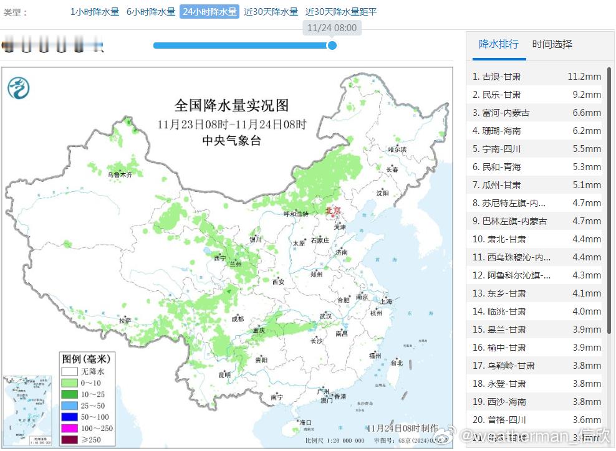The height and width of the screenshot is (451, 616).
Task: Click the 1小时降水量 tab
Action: pos(94,12)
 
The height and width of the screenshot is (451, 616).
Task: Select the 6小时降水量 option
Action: pos(151,12)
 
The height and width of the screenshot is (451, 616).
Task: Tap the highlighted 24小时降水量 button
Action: pos(209,12)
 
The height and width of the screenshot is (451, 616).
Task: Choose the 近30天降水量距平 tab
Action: pos(341,12)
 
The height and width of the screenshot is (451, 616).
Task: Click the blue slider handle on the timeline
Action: pos(332,45)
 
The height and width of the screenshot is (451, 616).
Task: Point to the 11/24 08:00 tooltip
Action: pos(332,28)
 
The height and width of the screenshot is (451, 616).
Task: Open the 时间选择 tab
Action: pos(552,44)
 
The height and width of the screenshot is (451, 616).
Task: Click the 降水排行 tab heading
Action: pos(498,44)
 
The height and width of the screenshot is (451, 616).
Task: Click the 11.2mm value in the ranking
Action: pos(584,77)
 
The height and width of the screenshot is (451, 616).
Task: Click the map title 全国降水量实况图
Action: pos(231,105)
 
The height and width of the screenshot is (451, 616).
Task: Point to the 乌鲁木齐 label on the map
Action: pos(120,175)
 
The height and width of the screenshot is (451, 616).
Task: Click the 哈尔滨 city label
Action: pos(397,150)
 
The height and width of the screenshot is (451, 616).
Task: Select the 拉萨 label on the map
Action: pos(125,321)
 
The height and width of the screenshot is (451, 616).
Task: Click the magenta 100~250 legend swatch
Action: pos(69,429)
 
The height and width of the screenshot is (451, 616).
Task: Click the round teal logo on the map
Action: pos(19,88)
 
